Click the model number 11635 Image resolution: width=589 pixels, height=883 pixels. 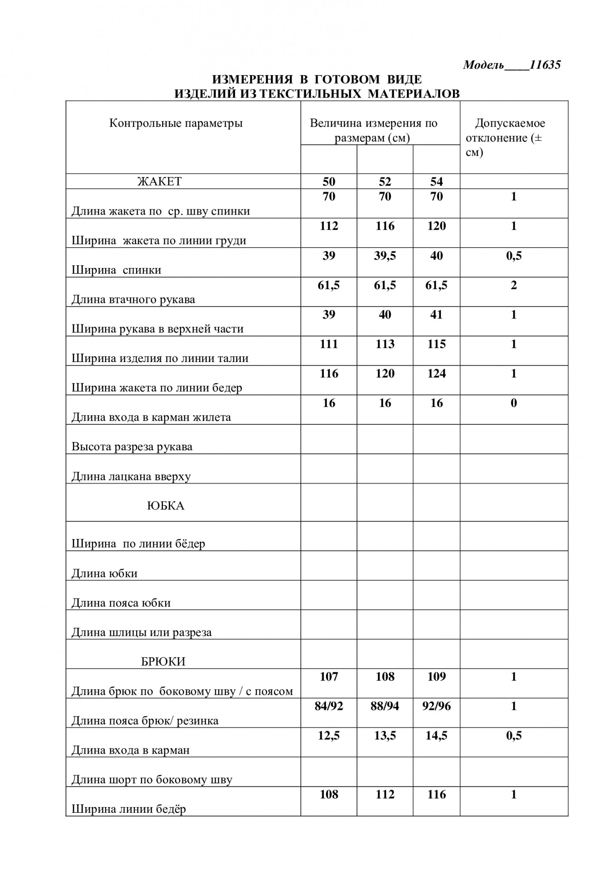point(545,65)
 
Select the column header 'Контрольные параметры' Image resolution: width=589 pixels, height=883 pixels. point(176,123)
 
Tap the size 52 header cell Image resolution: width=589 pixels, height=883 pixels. point(385,181)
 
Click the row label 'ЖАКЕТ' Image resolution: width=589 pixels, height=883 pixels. point(160,181)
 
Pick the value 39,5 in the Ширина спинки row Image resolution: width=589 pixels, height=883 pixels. point(385,256)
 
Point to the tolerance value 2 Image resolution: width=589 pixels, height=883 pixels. point(513,285)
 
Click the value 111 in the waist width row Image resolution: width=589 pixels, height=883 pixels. point(329,344)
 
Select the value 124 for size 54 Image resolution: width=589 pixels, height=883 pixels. point(437,374)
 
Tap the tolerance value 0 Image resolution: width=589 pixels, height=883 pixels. point(513,403)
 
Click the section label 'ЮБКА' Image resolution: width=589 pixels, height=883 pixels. point(166,506)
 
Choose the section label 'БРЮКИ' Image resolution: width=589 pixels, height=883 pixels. point(163,661)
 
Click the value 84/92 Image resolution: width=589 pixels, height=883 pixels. point(329,706)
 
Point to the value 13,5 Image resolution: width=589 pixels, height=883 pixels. point(385,736)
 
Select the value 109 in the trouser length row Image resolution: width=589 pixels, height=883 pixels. point(437,676)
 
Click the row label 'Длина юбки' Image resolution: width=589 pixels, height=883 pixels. point(105,573)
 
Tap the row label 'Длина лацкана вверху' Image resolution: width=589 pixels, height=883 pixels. point(131,476)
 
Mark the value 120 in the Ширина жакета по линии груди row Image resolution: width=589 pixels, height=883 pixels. point(437,226)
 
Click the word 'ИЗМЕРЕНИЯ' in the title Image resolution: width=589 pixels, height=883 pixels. point(252,79)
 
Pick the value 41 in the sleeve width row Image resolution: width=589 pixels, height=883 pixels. point(437,315)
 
